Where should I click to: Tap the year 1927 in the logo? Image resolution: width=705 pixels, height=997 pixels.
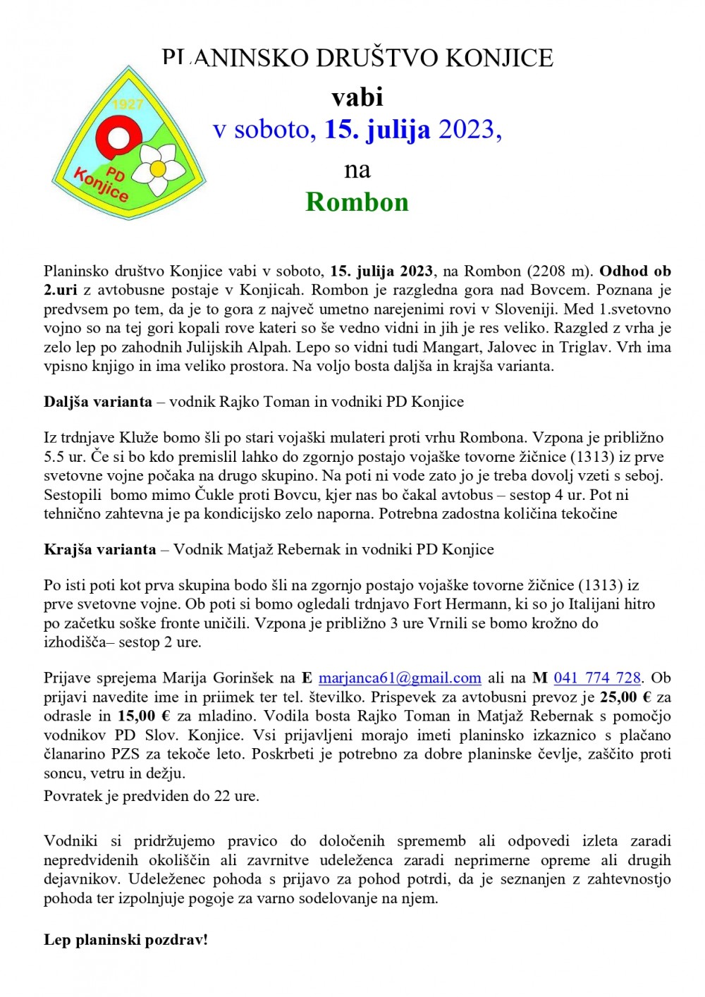coord(128,104)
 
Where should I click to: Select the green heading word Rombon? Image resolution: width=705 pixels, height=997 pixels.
coord(357,202)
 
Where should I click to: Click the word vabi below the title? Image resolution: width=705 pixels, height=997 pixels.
coord(357,97)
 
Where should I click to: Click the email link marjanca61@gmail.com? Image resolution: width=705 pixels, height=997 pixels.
coord(400,678)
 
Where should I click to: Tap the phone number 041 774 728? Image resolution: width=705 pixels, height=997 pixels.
coord(597,678)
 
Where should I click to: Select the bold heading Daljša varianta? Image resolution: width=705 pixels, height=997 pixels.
coord(98,402)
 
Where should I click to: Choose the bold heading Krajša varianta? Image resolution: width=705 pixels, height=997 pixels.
coord(100,549)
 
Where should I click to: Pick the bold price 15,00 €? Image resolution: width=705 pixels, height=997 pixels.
coord(144,716)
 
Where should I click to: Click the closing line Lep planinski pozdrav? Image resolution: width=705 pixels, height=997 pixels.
coord(125,940)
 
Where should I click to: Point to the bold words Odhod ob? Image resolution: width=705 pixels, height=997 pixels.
coord(635,271)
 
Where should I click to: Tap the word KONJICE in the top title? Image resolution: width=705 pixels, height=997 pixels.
coord(500,58)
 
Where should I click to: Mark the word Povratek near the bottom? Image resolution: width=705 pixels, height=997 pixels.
coord(74,796)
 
